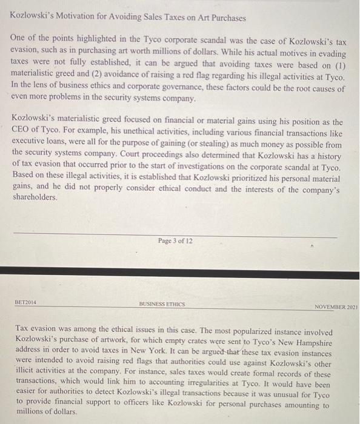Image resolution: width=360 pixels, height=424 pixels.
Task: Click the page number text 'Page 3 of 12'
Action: pyautogui.click(x=175, y=240)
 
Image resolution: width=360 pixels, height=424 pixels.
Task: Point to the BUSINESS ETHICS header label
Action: pyautogui.click(x=162, y=304)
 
